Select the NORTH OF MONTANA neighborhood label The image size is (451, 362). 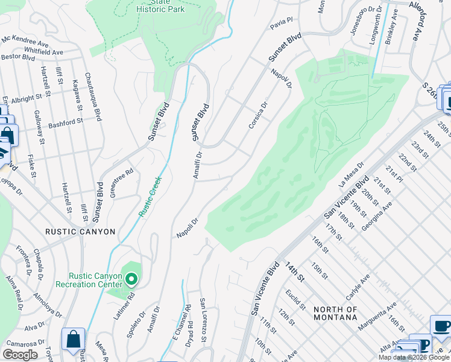coord(336,313)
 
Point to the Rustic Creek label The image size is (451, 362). coord(150,196)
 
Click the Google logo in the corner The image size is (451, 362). coord(20,355)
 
